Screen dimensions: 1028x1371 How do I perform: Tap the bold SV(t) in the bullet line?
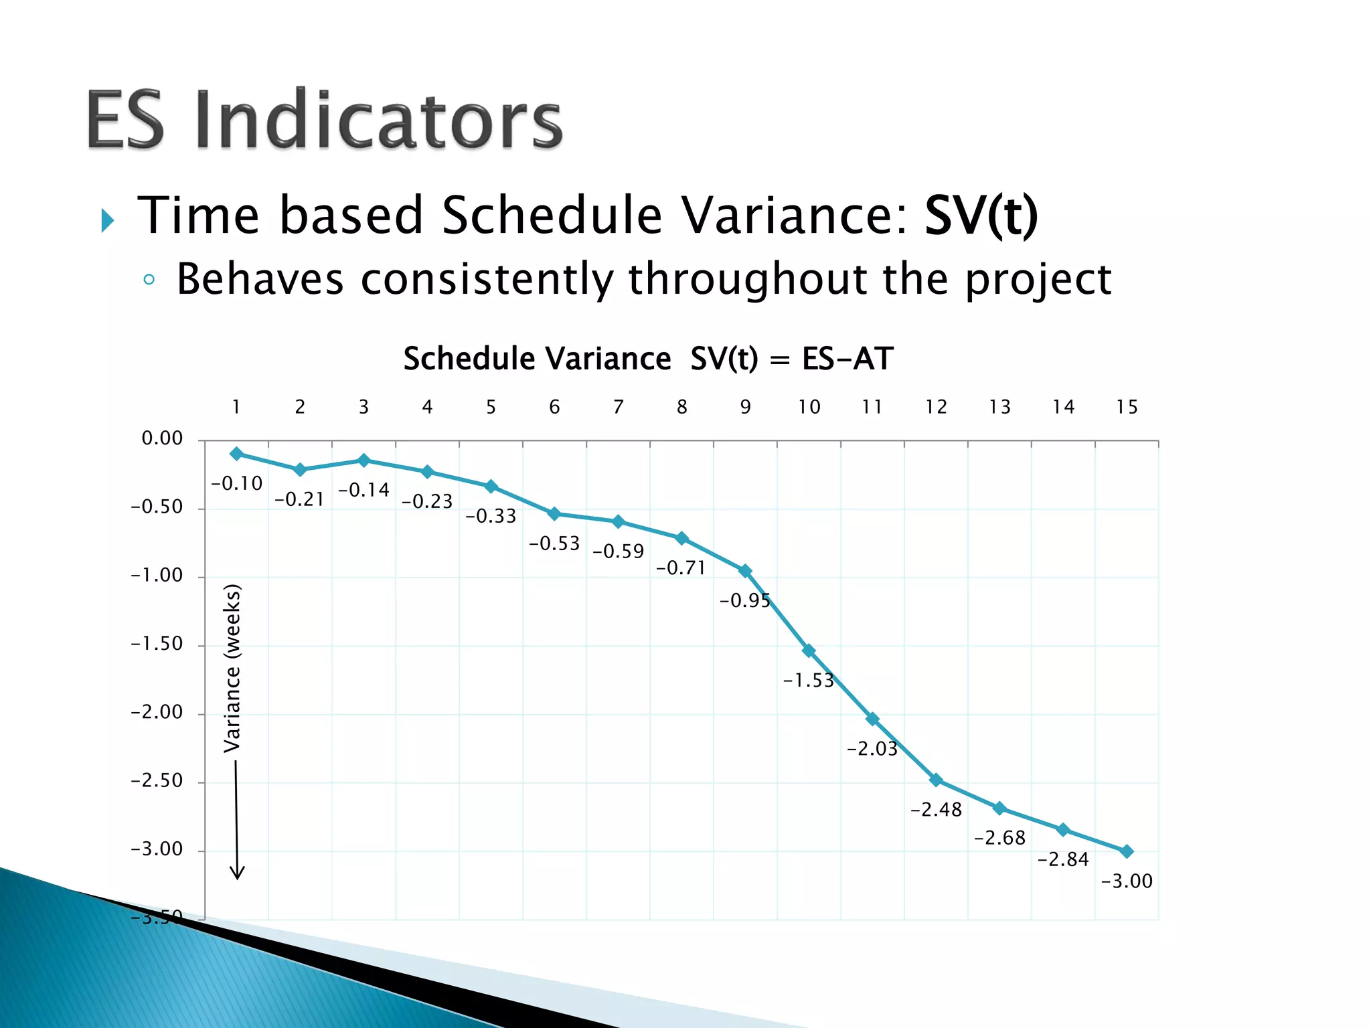click(x=981, y=215)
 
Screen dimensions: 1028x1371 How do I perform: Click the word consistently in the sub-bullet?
click(x=485, y=279)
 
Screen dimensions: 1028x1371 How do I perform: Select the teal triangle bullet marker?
click(x=107, y=220)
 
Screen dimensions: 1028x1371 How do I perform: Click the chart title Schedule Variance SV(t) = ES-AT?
click(x=647, y=359)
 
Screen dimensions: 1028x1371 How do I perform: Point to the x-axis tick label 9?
click(x=745, y=407)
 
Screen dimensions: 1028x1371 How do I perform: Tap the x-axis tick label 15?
click(x=1127, y=407)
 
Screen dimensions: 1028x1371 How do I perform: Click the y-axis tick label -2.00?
click(x=157, y=712)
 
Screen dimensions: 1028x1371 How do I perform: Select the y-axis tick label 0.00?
click(x=162, y=438)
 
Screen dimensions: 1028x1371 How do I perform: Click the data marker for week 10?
click(x=809, y=651)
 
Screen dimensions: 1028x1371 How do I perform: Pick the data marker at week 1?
click(x=236, y=454)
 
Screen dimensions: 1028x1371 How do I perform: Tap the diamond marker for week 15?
click(x=1127, y=851)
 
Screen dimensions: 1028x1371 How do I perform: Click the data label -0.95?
click(x=744, y=601)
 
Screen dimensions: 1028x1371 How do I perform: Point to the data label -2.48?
click(x=936, y=810)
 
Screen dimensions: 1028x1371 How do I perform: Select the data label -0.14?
click(x=364, y=491)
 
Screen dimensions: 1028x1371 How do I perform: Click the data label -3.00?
click(x=1127, y=881)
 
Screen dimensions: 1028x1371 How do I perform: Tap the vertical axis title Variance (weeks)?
click(x=232, y=668)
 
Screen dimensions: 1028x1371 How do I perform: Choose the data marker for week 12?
click(x=936, y=780)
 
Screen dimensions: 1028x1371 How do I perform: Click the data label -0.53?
click(x=554, y=543)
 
